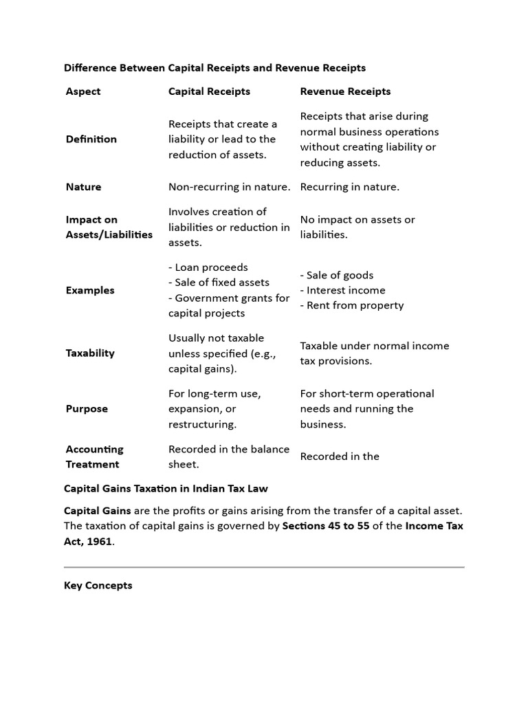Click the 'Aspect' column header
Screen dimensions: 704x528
tap(83, 91)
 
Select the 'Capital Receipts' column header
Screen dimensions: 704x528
tap(209, 91)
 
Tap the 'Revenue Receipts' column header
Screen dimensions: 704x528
tap(345, 91)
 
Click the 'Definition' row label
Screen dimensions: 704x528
tap(91, 139)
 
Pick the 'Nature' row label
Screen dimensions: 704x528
tap(83, 187)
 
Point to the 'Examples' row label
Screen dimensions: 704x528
tap(90, 290)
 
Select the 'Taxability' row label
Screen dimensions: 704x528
tap(90, 353)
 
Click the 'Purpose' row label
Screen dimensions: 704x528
tap(87, 408)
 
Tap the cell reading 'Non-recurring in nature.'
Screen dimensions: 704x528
tap(229, 187)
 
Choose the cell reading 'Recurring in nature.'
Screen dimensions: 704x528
tap(349, 187)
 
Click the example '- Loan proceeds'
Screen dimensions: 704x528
tap(208, 267)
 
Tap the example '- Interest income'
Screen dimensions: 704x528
tap(343, 290)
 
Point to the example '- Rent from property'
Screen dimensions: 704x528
tap(352, 305)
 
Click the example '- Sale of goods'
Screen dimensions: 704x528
tap(337, 275)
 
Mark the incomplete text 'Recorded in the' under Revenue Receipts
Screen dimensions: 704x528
tap(340, 456)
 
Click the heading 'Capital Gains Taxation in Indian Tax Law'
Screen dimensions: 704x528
tap(166, 488)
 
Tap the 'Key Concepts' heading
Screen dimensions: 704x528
tap(98, 586)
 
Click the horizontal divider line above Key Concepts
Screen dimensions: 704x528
tap(264, 567)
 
